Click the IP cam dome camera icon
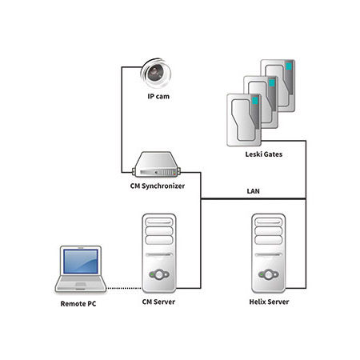click(156, 73)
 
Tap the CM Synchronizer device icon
click(156, 166)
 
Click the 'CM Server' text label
click(158, 302)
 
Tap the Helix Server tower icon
click(269, 252)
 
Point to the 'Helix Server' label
click(269, 302)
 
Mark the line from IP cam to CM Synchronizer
click(120, 120)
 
